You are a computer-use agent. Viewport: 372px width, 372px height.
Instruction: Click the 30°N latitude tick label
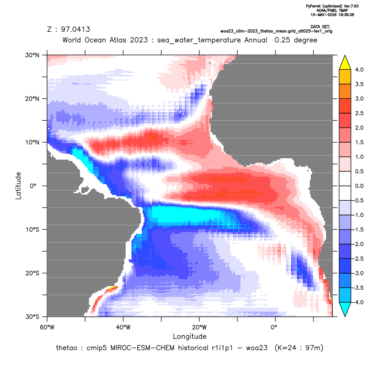point(32,55)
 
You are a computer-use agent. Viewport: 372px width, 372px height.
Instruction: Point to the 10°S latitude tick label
point(32,230)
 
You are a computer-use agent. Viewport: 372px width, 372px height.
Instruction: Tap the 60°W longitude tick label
point(47,327)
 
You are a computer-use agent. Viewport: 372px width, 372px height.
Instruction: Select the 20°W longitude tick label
point(199,327)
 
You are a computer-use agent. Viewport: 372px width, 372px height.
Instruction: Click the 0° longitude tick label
point(274,327)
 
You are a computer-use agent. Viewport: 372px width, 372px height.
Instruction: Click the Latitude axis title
point(18,186)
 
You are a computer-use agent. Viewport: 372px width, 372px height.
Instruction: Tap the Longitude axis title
point(190,336)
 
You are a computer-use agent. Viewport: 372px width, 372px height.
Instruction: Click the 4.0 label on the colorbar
point(359,69)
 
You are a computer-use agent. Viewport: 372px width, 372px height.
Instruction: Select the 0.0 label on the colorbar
point(359,186)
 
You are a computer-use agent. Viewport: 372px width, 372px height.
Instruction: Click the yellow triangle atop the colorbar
point(345,63)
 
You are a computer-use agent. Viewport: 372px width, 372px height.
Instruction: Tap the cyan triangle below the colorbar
point(345,309)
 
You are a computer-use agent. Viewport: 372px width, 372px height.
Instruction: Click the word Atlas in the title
point(117,40)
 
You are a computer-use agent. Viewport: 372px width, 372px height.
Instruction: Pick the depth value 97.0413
point(76,30)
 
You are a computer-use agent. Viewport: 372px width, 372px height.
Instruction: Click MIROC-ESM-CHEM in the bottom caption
point(142,348)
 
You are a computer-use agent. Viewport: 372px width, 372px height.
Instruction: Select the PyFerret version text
point(332,6)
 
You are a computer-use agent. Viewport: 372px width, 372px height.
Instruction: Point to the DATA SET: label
point(320,27)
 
